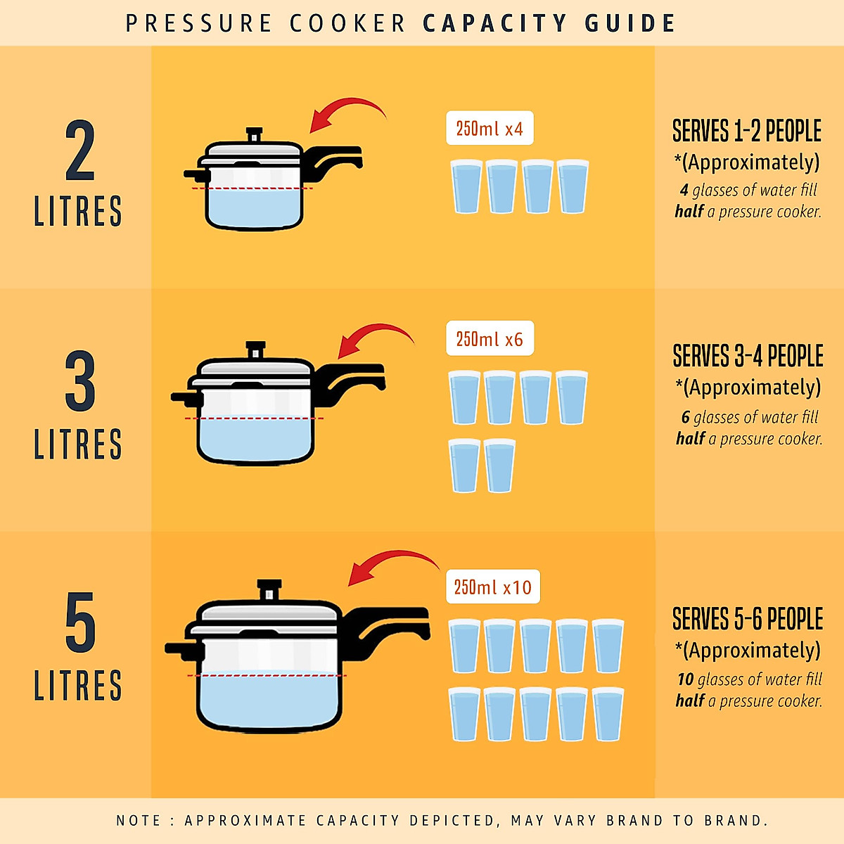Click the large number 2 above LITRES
[x=79, y=151]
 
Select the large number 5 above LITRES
[x=79, y=622]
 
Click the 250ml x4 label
[x=490, y=129]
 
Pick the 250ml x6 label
[x=490, y=339]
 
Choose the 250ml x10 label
[x=492, y=587]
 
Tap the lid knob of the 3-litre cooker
[x=255, y=350]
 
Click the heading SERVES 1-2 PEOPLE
[x=747, y=132]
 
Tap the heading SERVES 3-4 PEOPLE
[x=748, y=357]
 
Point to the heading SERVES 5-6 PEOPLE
[x=748, y=620]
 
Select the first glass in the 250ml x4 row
[x=466, y=186]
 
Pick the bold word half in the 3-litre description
[x=691, y=439]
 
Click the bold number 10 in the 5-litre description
[x=686, y=679]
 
